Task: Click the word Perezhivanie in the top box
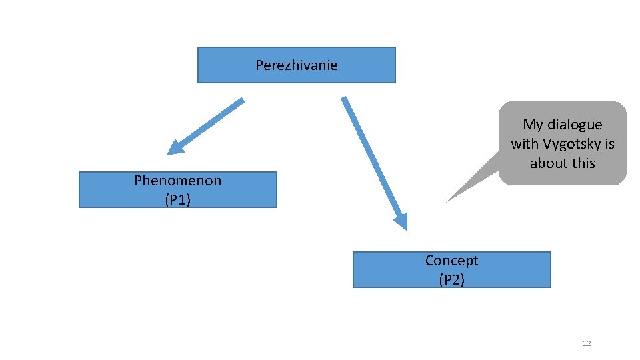[x=296, y=65]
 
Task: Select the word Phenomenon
[x=177, y=180]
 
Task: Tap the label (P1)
[x=177, y=199]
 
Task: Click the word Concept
[x=451, y=260]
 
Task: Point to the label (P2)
[x=451, y=279]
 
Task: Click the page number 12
[x=587, y=343]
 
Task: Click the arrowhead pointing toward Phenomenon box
[x=175, y=147]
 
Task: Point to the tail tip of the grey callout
[x=447, y=201]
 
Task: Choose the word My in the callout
[x=533, y=125]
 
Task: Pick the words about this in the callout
[x=562, y=163]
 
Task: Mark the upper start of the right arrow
[x=344, y=99]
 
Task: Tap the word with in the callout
[x=525, y=144]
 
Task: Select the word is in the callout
[x=609, y=144]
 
